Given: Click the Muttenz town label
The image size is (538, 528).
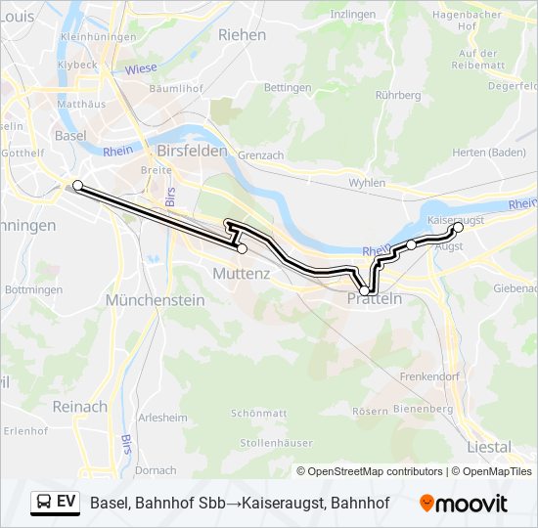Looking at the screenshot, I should [242, 274].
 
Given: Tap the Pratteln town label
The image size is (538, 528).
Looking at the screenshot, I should [375, 299].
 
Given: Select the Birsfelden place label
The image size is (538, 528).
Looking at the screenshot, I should [192, 152].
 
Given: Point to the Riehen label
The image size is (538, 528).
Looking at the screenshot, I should [242, 34].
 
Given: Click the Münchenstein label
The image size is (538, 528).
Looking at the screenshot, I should [156, 300].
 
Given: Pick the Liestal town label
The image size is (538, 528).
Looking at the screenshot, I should [489, 447].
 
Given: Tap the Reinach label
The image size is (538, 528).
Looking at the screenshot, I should [80, 406].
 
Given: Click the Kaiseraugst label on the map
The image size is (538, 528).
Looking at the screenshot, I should [456, 221].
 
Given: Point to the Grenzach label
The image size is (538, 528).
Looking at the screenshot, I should [260, 155].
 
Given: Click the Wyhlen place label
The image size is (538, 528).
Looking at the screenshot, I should [367, 183].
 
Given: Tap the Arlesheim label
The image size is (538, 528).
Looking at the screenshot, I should [163, 418].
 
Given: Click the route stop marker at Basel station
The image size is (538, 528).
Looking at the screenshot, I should [77, 184].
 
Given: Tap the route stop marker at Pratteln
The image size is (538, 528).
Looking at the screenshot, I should [365, 290].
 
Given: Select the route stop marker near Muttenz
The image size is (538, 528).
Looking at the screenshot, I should [242, 249].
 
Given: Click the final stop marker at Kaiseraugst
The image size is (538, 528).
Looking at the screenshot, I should [459, 227].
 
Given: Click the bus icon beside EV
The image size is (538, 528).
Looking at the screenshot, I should [44, 502].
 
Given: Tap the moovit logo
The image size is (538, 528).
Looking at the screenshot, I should [464, 504].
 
